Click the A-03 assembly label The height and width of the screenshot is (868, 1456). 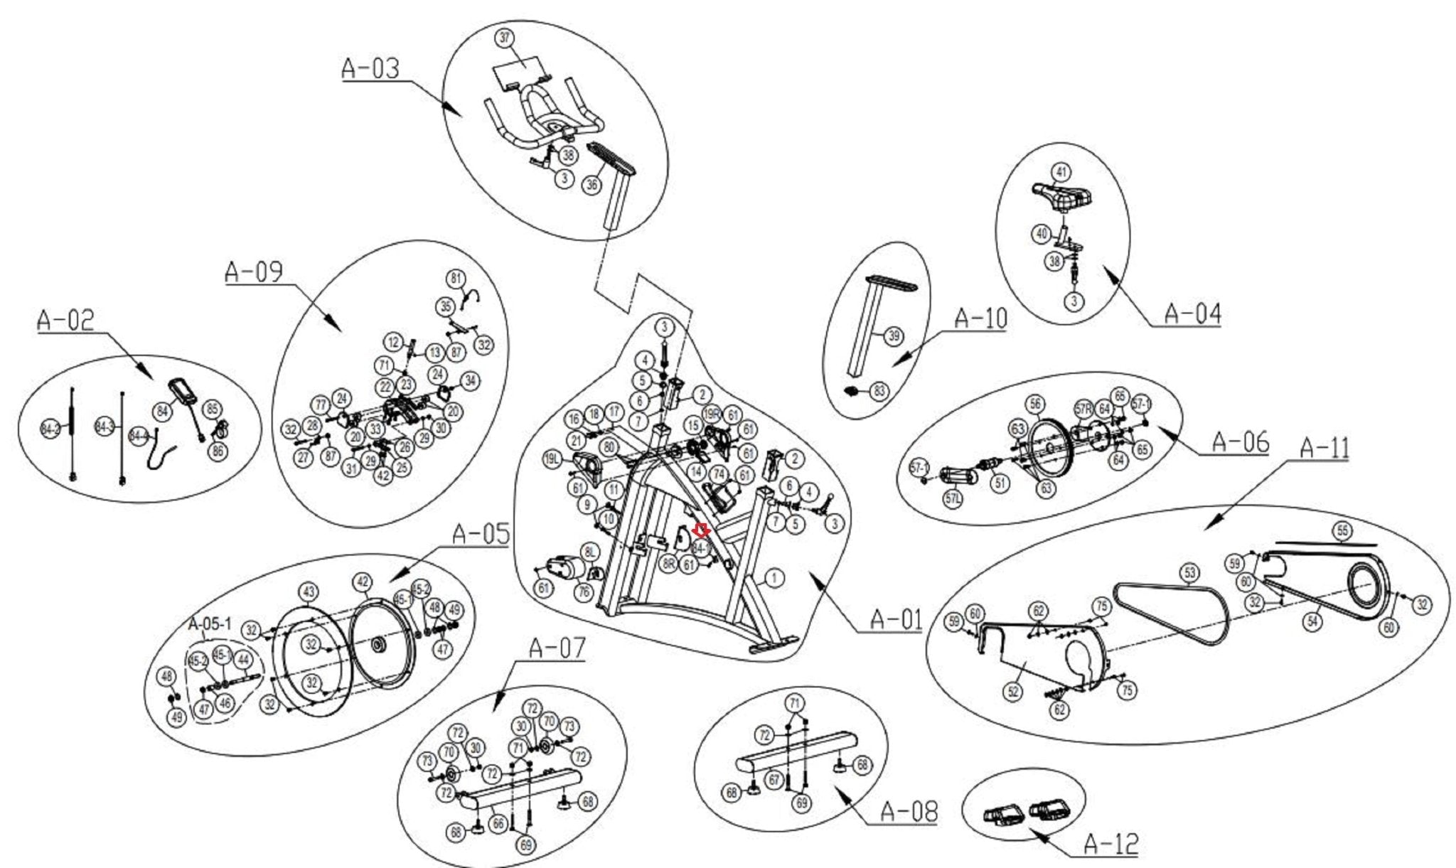click(370, 68)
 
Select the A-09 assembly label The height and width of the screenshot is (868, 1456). click(254, 272)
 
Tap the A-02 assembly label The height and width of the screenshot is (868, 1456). click(65, 321)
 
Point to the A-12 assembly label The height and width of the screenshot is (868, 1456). click(1110, 844)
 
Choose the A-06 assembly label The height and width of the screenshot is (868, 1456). click(1240, 441)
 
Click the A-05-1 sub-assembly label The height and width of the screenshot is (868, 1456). click(210, 624)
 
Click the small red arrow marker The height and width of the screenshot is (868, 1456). click(702, 530)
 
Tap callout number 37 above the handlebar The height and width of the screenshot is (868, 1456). click(505, 38)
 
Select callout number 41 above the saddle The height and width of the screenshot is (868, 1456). click(1061, 172)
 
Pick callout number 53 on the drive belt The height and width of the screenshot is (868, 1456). click(1189, 572)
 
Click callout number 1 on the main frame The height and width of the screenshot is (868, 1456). click(774, 577)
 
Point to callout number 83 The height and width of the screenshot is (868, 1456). click(880, 391)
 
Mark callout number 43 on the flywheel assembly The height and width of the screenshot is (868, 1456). click(309, 591)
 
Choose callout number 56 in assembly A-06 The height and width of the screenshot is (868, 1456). click(1035, 404)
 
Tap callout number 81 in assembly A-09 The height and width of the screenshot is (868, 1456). click(456, 278)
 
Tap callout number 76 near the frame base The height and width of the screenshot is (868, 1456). click(584, 591)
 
